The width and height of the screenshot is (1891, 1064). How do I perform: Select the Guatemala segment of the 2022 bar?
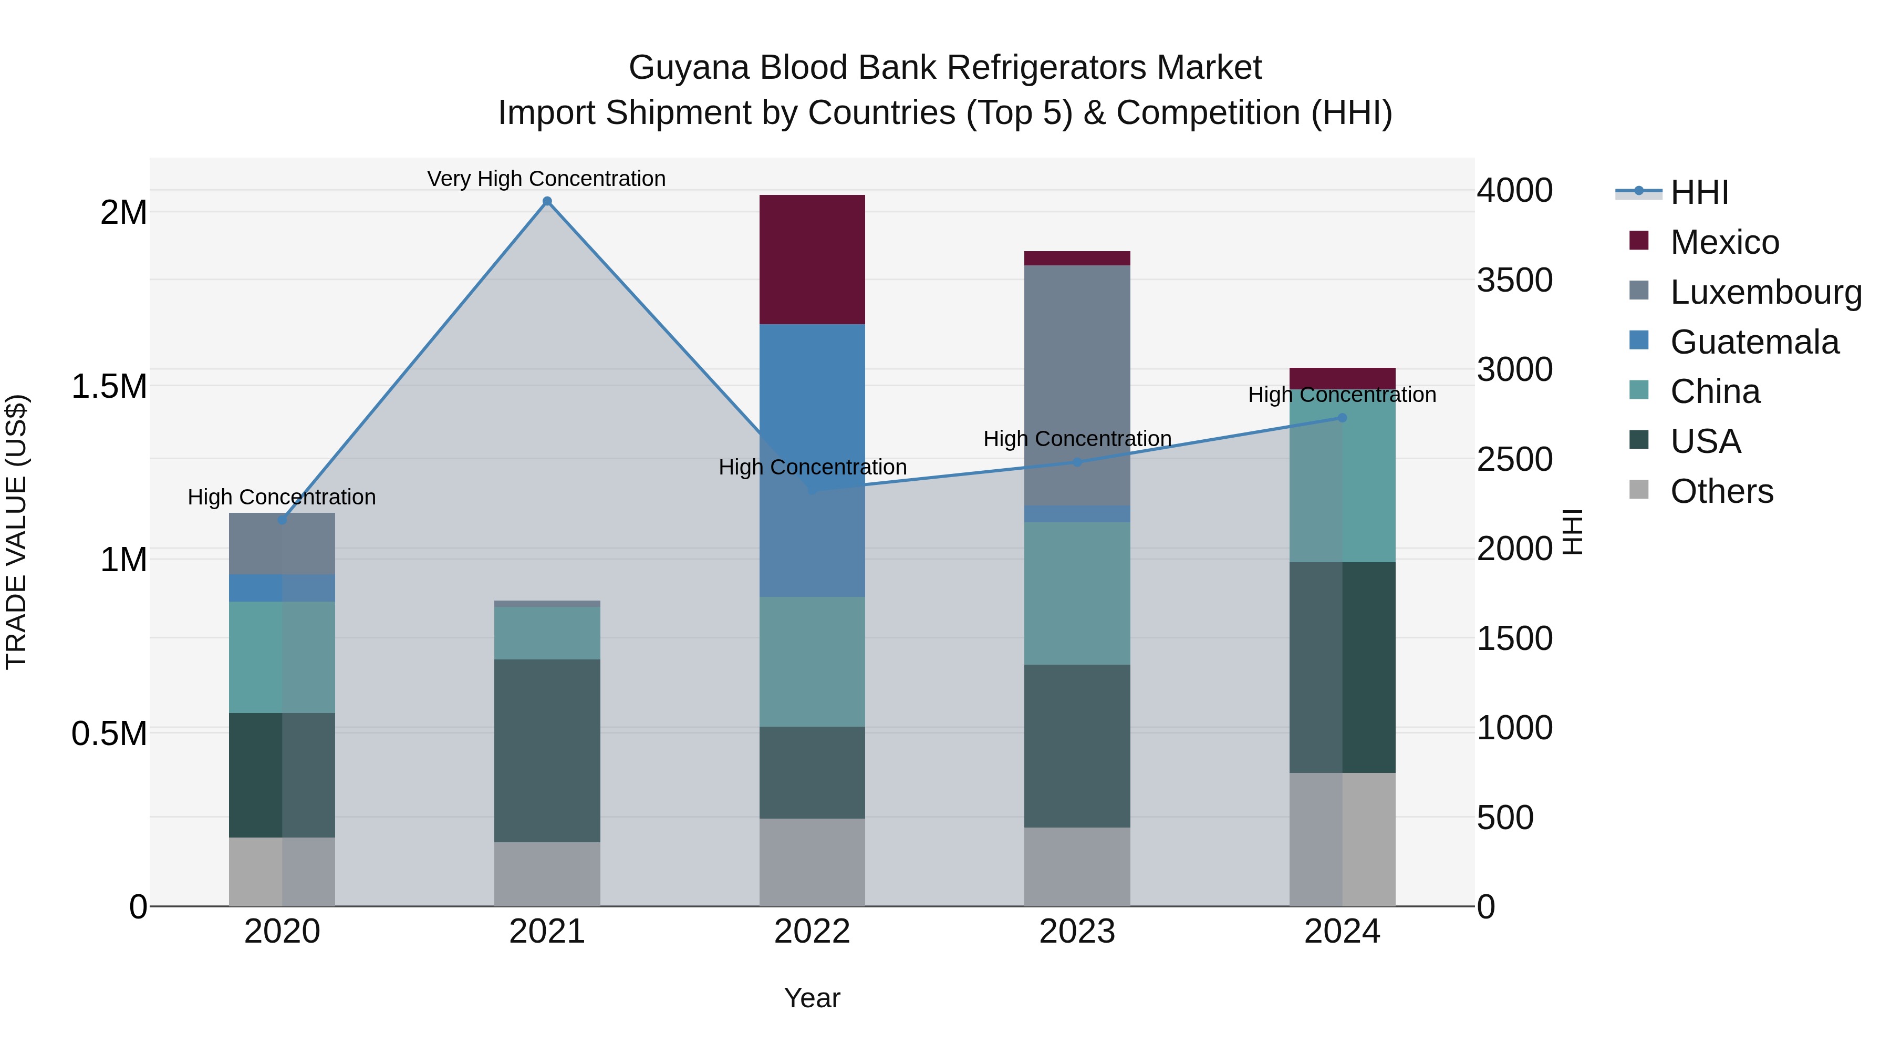pos(812,460)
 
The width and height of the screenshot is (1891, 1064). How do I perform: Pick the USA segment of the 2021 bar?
pos(547,750)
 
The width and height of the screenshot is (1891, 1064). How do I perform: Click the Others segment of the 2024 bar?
pos(1342,839)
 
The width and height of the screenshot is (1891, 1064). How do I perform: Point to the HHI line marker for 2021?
pos(547,201)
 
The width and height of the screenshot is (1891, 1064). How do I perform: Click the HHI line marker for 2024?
pos(1342,418)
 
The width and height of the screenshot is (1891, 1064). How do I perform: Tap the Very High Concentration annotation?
pos(546,179)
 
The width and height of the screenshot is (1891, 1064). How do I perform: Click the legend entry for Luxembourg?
pos(1765,292)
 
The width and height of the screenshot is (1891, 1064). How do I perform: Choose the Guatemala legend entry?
pos(1754,342)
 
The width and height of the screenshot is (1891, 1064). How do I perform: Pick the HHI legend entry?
pos(1699,192)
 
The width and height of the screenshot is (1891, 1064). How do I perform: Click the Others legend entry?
pos(1721,491)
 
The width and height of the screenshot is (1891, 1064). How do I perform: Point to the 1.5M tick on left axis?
pos(109,386)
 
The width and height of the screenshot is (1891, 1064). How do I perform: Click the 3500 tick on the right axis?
pos(1514,280)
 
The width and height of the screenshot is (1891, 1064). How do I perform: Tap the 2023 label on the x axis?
pos(1077,932)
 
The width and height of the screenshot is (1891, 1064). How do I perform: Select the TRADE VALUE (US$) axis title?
pos(16,532)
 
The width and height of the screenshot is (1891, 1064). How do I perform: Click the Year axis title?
pos(812,998)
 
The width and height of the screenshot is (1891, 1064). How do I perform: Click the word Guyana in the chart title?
pos(689,68)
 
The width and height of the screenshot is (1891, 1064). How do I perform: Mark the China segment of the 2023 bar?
pos(1077,593)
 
